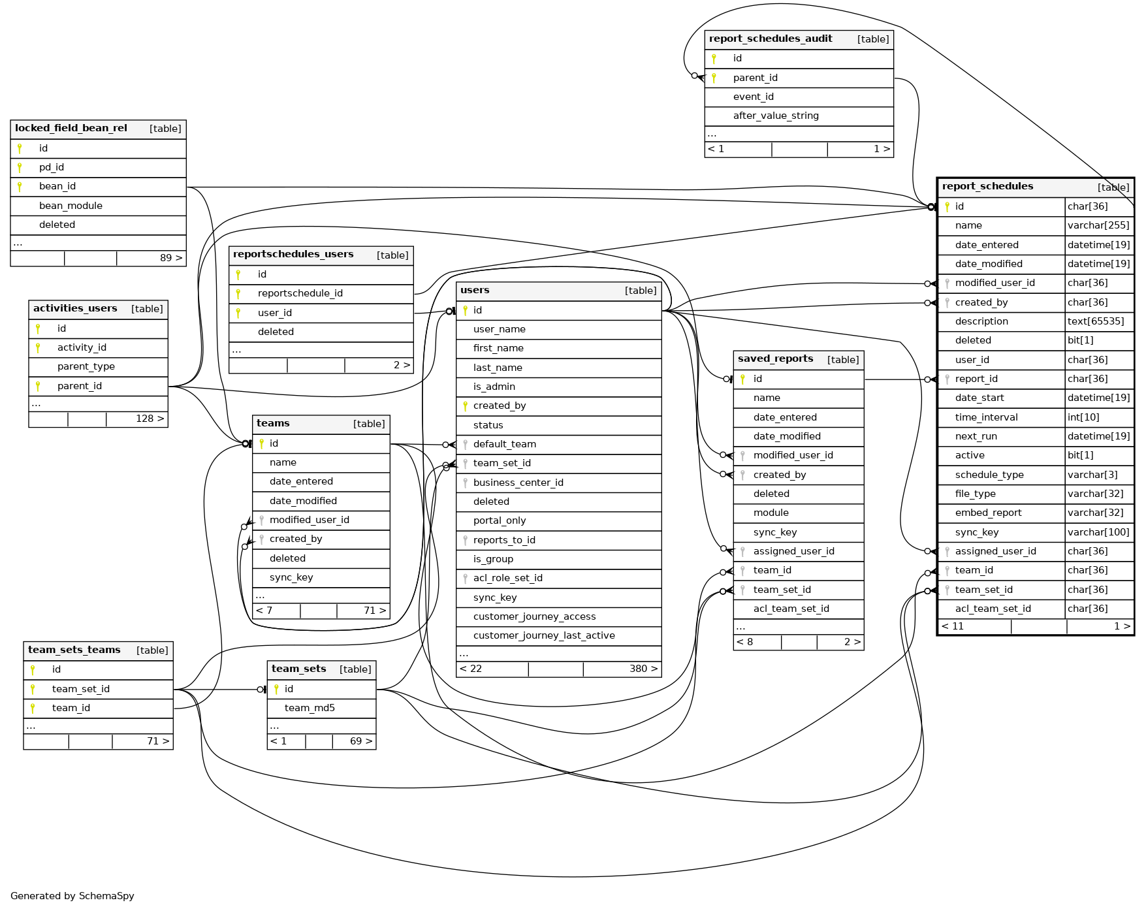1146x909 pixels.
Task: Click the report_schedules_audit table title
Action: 771,39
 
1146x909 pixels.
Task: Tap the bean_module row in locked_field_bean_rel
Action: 71,206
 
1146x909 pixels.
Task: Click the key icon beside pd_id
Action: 20,168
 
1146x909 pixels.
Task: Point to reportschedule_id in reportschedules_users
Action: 300,293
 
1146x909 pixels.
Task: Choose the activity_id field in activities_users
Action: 82,347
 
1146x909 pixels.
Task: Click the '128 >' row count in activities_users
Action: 150,419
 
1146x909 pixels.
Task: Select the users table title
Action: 475,291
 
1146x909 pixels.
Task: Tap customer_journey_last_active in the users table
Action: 544,635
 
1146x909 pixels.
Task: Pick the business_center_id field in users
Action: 518,483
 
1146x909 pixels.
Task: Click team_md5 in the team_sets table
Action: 310,708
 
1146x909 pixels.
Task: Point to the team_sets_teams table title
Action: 74,650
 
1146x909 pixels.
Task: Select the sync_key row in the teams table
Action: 291,577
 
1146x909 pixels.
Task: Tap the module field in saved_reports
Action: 771,513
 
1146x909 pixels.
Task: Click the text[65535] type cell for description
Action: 1099,321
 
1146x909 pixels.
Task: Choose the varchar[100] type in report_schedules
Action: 1099,532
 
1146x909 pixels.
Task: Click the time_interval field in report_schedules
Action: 986,417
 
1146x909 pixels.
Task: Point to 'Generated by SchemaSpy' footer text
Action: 72,896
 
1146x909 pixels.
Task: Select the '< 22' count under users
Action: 471,669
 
